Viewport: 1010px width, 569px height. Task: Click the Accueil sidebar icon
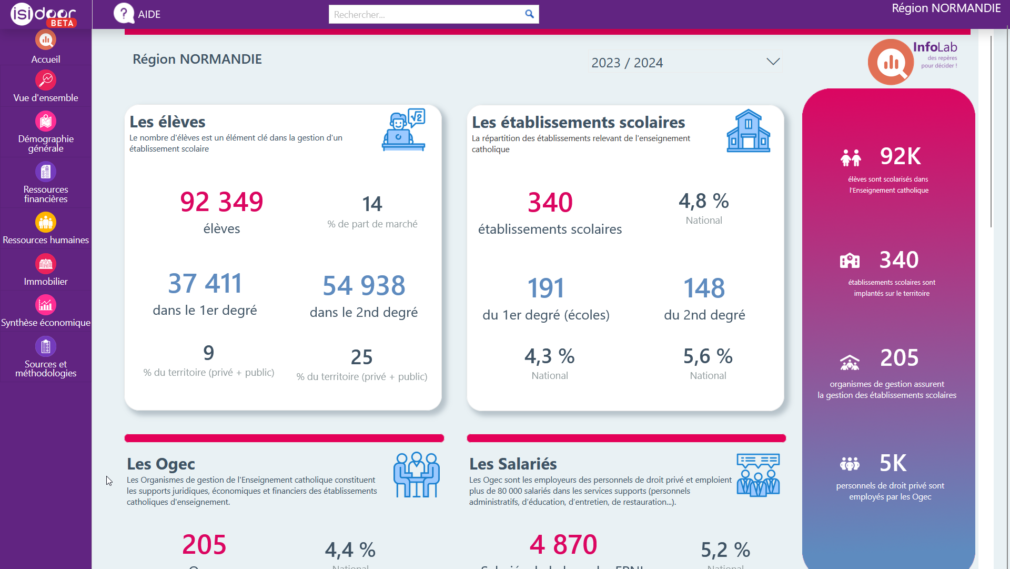(x=46, y=40)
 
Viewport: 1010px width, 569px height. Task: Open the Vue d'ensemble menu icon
(x=46, y=81)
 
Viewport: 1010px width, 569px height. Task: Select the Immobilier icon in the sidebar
(x=46, y=264)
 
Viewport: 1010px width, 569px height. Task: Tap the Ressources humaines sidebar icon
(x=46, y=222)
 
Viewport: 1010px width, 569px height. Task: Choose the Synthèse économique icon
(x=46, y=305)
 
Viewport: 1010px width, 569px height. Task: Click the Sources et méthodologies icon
(x=46, y=346)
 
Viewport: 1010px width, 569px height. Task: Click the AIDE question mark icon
(x=124, y=14)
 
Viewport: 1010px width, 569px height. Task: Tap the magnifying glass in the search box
(x=529, y=14)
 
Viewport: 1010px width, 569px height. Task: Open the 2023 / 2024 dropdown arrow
(x=773, y=62)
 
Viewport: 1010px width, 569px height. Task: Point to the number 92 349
(x=221, y=202)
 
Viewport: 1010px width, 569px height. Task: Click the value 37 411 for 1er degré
(x=205, y=284)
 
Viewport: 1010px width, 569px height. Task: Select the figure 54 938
(x=364, y=286)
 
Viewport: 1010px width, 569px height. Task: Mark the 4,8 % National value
(x=704, y=201)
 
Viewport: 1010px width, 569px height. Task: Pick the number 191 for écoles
(x=546, y=288)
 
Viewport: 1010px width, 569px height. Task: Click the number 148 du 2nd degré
(x=704, y=288)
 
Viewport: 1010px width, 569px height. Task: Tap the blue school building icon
(x=748, y=132)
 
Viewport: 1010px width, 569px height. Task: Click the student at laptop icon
(x=403, y=131)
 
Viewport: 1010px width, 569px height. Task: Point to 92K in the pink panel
(x=901, y=156)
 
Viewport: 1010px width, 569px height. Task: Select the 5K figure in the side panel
(x=893, y=463)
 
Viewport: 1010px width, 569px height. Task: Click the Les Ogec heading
(x=161, y=464)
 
